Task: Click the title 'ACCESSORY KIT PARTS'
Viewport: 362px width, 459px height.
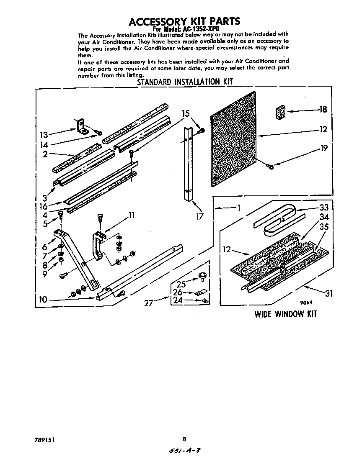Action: pos(184,21)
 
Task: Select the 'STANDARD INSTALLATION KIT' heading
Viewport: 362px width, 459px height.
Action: pos(185,82)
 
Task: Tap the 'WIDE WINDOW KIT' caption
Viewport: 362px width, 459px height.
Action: pos(286,314)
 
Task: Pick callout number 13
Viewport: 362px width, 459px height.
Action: pos(44,135)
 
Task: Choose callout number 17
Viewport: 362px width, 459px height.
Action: pos(199,216)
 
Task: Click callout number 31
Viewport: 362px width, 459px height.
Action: pos(329,293)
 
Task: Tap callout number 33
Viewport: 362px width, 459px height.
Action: pos(324,208)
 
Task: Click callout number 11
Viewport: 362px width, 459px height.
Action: pos(131,215)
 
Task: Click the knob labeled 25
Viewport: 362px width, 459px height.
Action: pos(203,276)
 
